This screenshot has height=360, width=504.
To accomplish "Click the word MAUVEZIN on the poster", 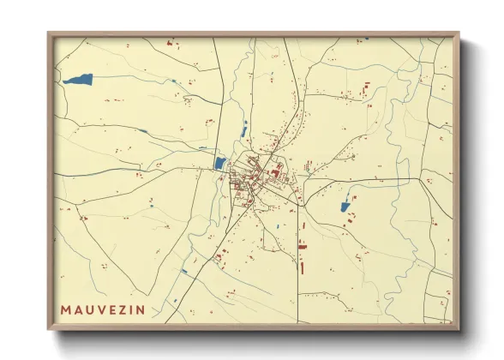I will tap(102, 308).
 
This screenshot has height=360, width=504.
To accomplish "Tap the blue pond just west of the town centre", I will tap(219, 163).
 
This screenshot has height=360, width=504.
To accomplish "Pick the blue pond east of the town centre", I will tap(345, 206).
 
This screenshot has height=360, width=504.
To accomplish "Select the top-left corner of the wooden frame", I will tap(49, 33).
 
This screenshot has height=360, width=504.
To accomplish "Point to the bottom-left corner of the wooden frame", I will tap(49, 328).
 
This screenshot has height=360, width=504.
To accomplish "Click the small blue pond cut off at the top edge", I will tap(366, 39).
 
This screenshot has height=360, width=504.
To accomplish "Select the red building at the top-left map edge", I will tap(170, 42).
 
